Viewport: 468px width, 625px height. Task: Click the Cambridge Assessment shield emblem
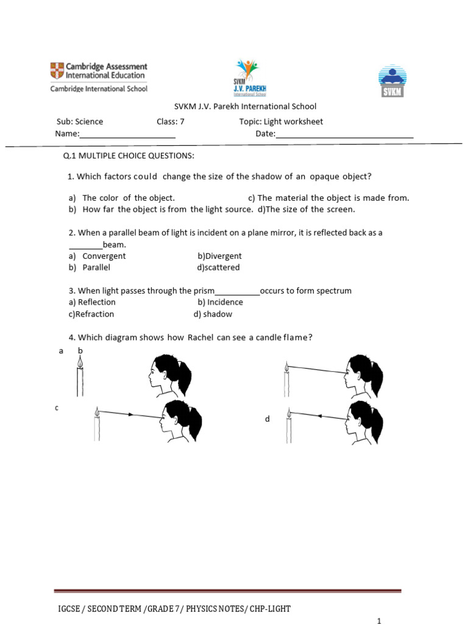click(x=57, y=71)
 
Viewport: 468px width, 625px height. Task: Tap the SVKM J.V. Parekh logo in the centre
click(x=249, y=78)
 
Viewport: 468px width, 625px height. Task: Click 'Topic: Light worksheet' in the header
click(x=281, y=121)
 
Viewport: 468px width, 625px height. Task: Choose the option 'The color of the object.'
click(x=128, y=198)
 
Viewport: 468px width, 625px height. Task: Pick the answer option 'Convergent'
click(x=104, y=256)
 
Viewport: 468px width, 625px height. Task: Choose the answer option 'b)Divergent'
click(x=219, y=256)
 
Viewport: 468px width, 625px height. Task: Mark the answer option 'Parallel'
click(x=96, y=267)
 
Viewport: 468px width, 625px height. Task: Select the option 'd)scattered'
click(x=218, y=267)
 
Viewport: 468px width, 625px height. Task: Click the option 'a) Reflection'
click(x=92, y=302)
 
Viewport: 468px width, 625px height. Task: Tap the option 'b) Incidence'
click(x=220, y=302)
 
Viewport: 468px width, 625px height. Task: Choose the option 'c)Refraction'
click(x=91, y=314)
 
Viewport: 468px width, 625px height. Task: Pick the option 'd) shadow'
click(x=213, y=314)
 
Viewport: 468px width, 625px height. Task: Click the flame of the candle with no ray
click(x=80, y=363)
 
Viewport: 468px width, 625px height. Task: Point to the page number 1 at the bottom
click(x=379, y=621)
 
